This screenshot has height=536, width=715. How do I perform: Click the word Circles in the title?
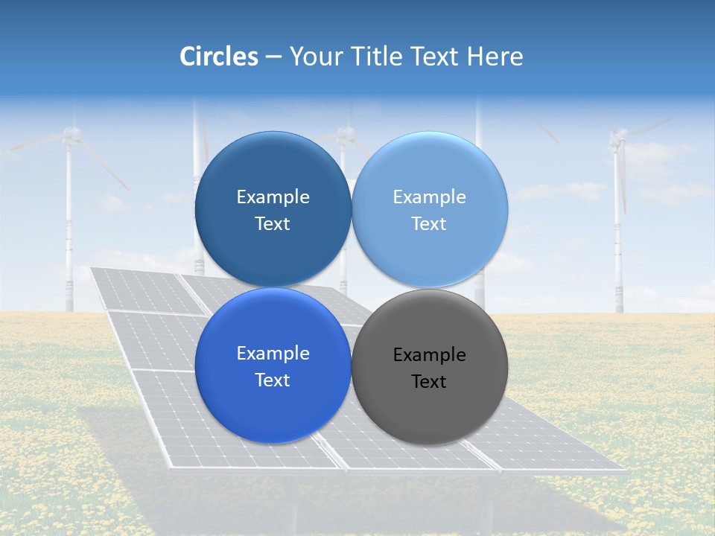[x=218, y=57]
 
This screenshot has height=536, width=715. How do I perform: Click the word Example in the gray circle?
[x=430, y=355]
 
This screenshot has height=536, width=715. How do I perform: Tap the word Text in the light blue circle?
[x=429, y=224]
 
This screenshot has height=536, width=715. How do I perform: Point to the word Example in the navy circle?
[x=273, y=197]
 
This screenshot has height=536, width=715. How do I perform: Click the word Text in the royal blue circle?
[x=273, y=380]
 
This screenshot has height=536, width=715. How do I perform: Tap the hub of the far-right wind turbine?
[x=617, y=137]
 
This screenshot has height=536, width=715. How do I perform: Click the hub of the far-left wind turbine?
[x=71, y=134]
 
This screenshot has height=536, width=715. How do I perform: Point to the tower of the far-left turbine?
[x=69, y=238]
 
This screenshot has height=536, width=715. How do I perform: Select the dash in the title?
[x=273, y=57]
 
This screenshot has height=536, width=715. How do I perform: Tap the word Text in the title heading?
[x=436, y=57]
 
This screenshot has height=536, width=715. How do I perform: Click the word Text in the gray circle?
[x=429, y=382]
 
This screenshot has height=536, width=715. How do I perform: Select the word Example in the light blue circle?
[x=430, y=197]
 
